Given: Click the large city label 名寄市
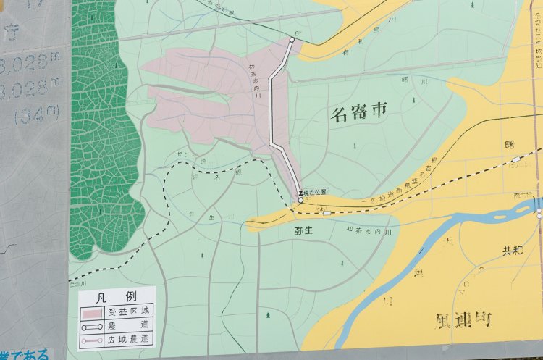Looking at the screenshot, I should click(359, 112).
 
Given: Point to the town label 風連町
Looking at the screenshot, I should click(464, 319).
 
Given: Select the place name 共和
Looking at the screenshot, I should click(513, 251).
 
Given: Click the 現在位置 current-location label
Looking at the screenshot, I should click(315, 192).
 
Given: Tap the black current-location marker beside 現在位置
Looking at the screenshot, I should click(300, 193).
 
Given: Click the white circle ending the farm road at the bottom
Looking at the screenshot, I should click(300, 201).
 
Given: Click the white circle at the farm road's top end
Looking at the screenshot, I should click(292, 41).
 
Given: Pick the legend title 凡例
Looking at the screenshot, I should click(116, 298).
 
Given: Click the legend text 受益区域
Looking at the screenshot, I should click(127, 312).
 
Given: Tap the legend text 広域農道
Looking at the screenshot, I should click(127, 339).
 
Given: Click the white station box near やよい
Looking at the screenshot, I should click(327, 213).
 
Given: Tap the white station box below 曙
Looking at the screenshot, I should click(515, 159).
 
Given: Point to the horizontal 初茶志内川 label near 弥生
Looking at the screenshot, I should click(369, 230).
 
